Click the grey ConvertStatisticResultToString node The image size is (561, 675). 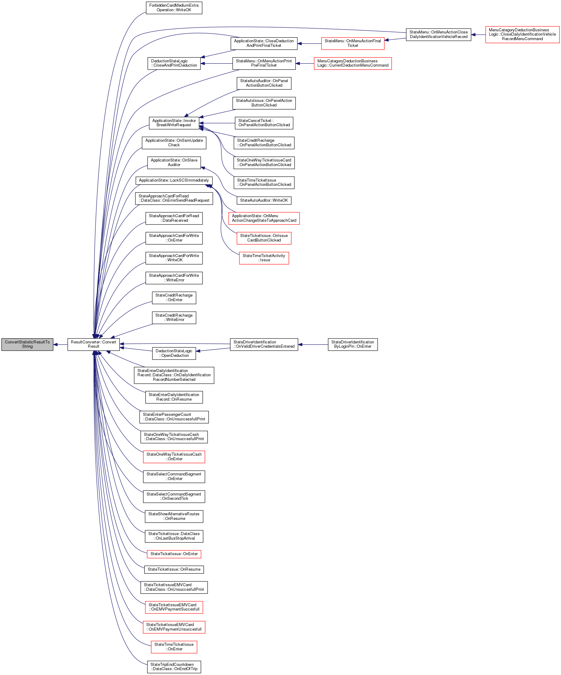coord(27,344)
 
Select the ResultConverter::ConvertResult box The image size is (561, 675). coord(94,344)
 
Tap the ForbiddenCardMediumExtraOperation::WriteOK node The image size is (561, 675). coord(174,8)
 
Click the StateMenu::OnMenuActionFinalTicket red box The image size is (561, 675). coord(352,43)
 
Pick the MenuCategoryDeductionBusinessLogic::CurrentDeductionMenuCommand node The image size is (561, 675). coord(352,63)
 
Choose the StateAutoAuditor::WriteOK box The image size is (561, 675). coord(264,200)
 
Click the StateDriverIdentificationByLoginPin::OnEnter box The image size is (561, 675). coord(352,344)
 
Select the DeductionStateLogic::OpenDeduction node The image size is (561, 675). coord(174,353)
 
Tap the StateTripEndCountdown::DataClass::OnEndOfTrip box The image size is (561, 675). coord(174,667)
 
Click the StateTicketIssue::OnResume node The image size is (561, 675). coord(174,569)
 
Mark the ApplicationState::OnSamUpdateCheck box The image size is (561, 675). coord(174,143)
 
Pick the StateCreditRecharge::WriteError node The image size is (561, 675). coord(174,318)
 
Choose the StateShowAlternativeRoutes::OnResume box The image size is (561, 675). coord(174,516)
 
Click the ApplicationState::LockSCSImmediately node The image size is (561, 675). coord(174,180)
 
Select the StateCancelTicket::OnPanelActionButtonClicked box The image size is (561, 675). coord(264,123)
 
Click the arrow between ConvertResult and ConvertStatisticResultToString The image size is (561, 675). coord(61,345)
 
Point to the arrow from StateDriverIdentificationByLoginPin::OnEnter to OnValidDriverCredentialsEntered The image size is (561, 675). coord(313,345)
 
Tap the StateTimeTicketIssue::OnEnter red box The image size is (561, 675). coord(174,647)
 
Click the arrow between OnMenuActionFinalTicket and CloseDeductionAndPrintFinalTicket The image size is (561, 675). coord(309,43)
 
